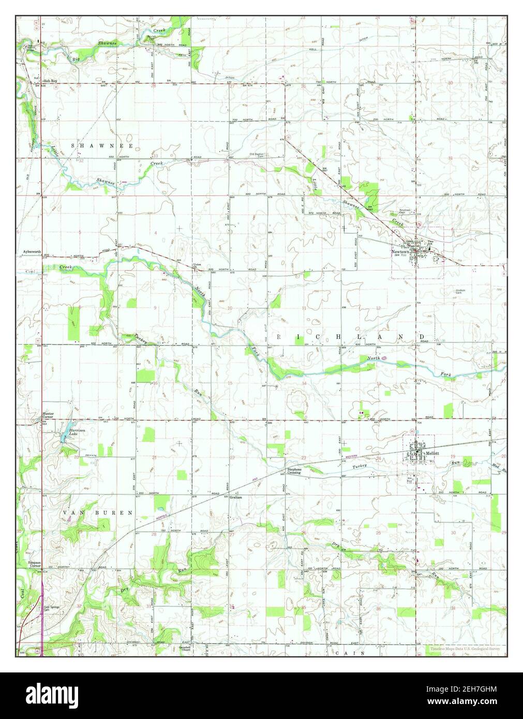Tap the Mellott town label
coord(432,453)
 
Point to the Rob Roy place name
coord(50,81)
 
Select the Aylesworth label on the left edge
coord(32,252)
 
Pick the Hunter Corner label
coord(48,415)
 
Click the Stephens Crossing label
coord(294,471)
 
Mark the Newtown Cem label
coord(405,212)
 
